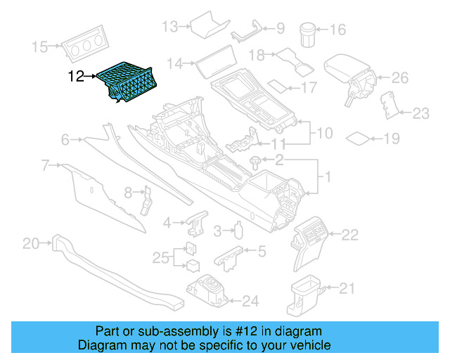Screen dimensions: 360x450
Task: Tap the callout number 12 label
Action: click(x=76, y=76)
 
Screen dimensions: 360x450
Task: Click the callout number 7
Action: click(x=45, y=166)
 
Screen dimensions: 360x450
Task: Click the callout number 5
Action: click(x=262, y=250)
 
